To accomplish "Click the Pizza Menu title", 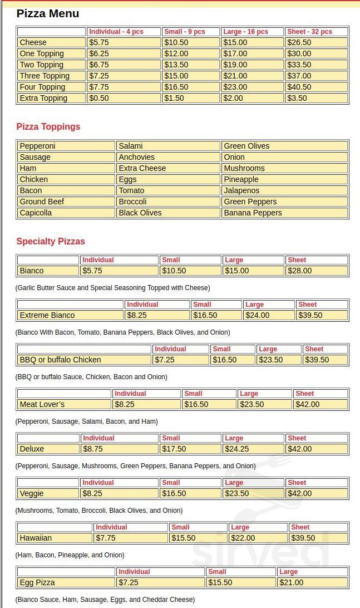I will pos(48,13).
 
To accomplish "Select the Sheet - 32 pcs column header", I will pos(309,32).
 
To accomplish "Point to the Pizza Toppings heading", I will pos(48,126).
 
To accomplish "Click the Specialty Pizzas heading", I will pos(51,241).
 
